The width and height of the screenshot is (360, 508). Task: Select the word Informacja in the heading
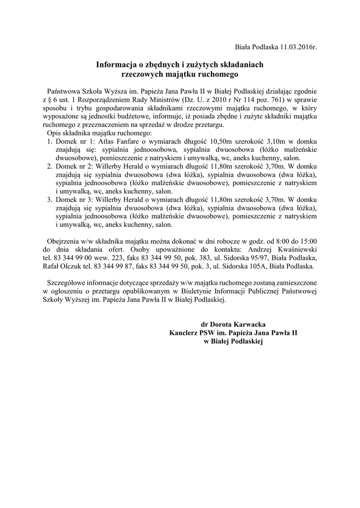click(x=114, y=65)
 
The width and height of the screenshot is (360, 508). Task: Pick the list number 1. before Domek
click(x=50, y=141)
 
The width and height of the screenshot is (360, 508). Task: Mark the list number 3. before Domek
click(x=50, y=199)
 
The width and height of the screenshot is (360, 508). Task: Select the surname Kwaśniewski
click(x=292, y=249)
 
